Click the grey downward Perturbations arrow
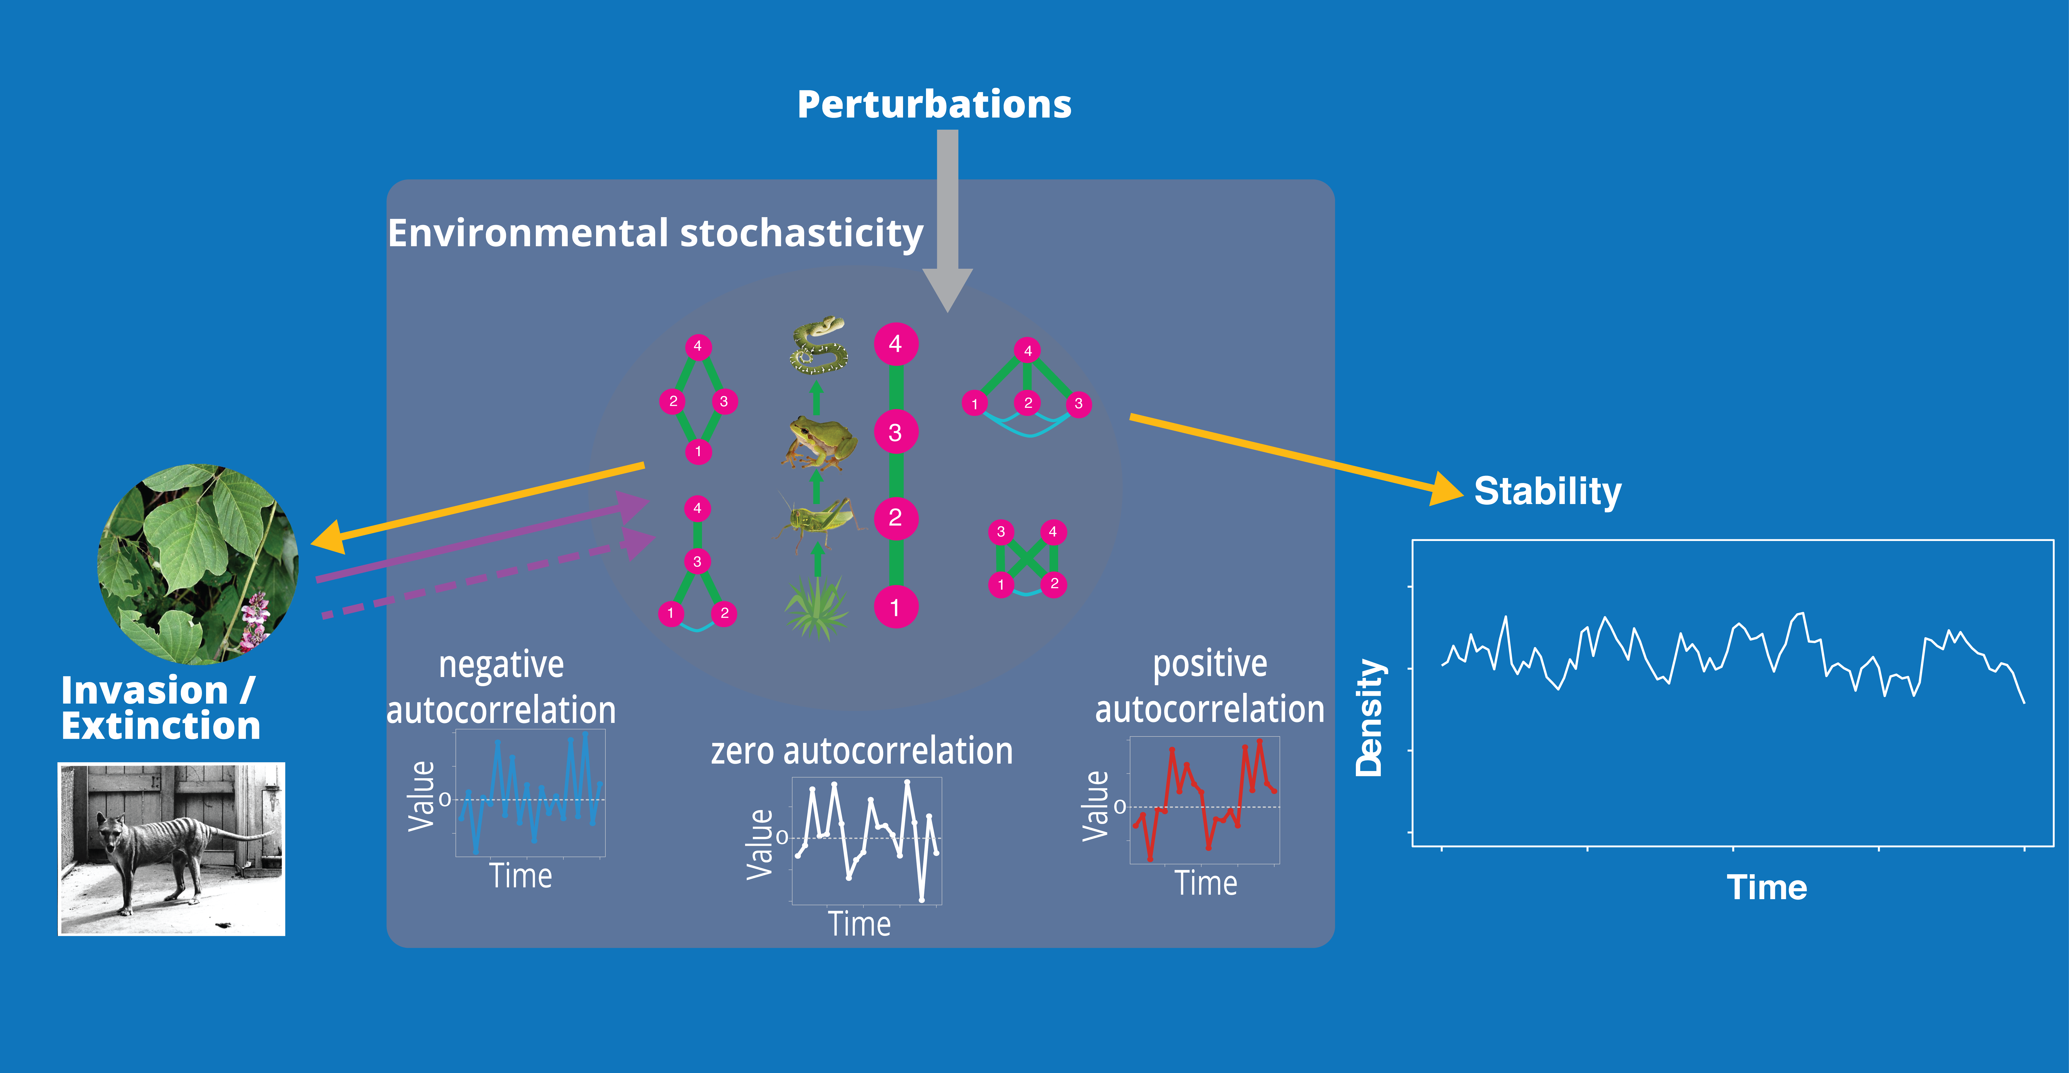coord(948,217)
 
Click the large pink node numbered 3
coord(896,433)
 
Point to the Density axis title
coord(1369,717)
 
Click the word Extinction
coord(161,726)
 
